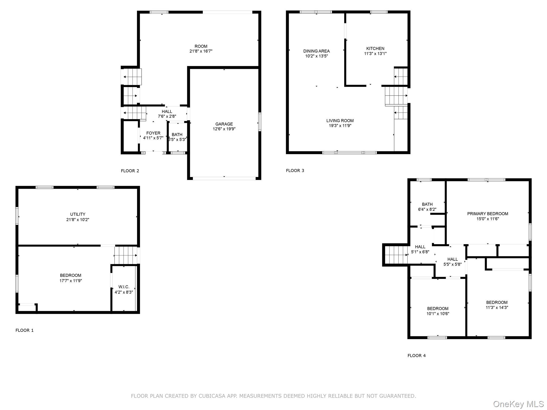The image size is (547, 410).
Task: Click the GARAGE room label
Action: [x=224, y=124]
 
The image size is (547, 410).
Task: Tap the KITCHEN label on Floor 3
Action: [x=375, y=48]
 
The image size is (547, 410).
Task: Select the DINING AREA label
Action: [x=317, y=51]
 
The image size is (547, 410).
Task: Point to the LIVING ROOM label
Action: [x=340, y=121]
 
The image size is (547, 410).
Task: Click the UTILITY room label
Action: [x=78, y=214]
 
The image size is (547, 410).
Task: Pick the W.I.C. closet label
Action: [x=124, y=287]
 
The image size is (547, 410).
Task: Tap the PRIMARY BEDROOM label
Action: [x=488, y=214]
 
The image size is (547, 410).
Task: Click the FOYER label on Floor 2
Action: [x=153, y=133]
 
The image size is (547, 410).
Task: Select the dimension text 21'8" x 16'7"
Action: [x=201, y=51]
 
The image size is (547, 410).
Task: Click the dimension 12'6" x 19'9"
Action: [x=224, y=129]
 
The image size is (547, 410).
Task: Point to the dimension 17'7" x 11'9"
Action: [x=71, y=281]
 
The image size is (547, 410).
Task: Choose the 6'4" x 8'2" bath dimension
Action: [x=427, y=210]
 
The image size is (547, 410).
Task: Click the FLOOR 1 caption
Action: [x=25, y=330]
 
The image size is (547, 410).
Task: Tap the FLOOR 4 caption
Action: [x=417, y=356]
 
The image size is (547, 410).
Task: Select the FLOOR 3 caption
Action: [x=295, y=171]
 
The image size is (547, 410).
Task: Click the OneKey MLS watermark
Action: [x=518, y=404]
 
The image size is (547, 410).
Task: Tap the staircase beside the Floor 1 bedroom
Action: [x=126, y=255]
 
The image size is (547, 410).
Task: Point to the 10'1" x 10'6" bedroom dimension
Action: [x=438, y=314]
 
